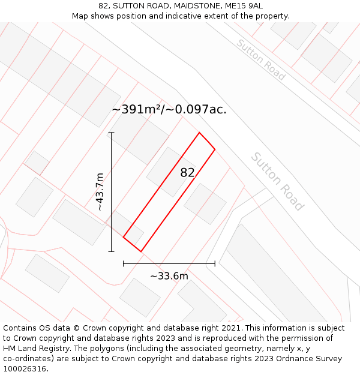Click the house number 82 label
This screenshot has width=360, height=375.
pyautogui.click(x=187, y=173)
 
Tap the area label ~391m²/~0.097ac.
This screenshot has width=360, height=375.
pyautogui.click(x=169, y=109)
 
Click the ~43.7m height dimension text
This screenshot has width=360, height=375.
pyautogui.click(x=100, y=191)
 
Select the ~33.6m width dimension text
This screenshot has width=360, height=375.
pyautogui.click(x=169, y=276)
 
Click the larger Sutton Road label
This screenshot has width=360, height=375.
pyautogui.click(x=277, y=181)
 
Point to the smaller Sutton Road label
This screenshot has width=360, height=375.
pyautogui.click(x=260, y=60)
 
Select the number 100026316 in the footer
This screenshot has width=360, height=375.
pyautogui.click(x=24, y=369)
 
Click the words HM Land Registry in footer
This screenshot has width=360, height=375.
pyautogui.click(x=37, y=349)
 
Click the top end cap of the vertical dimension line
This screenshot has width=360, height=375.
pyautogui.click(x=111, y=133)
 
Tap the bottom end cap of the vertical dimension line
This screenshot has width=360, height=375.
pyautogui.click(x=111, y=251)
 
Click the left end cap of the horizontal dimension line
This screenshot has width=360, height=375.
pyautogui.click(x=123, y=263)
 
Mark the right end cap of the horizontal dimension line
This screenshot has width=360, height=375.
pyautogui.click(x=215, y=263)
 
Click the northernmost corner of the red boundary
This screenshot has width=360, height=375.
pyautogui.click(x=199, y=133)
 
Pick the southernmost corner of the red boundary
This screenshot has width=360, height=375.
pyautogui.click(x=140, y=251)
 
